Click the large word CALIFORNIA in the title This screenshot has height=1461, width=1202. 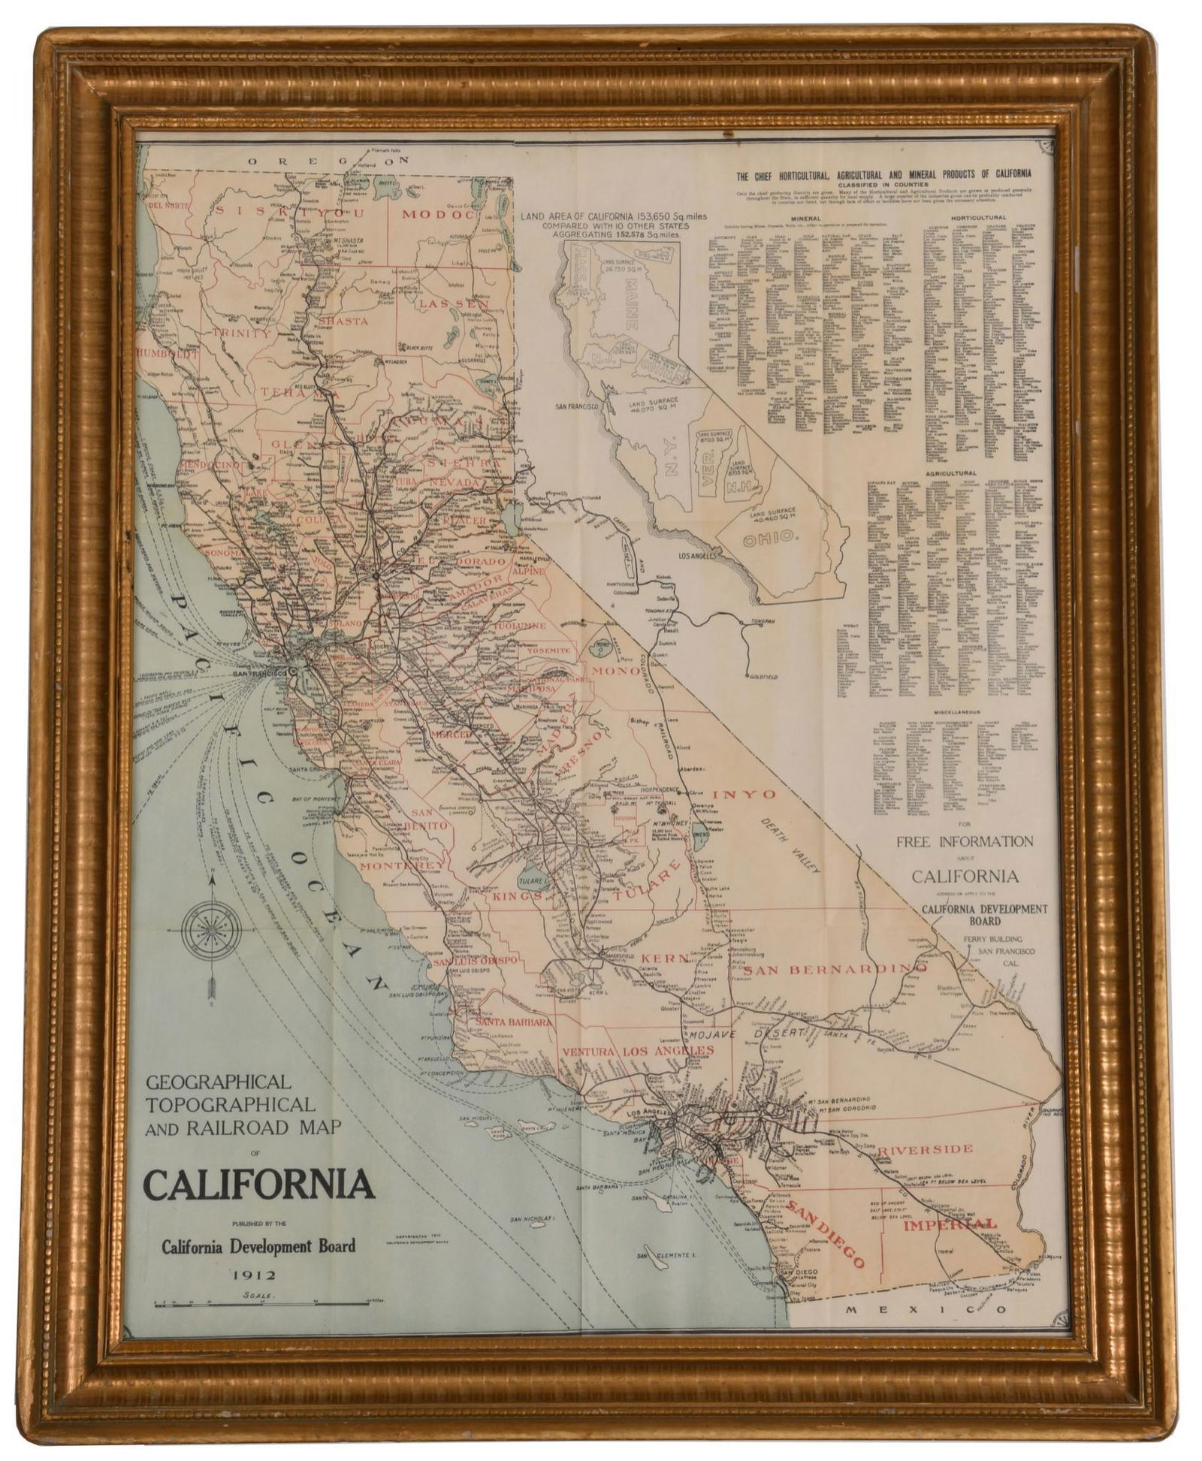(258, 1185)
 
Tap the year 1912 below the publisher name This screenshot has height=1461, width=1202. (255, 1275)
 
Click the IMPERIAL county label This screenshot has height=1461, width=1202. (950, 1225)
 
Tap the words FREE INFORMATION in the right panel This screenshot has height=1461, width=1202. (964, 841)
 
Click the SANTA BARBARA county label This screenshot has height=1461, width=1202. (513, 1022)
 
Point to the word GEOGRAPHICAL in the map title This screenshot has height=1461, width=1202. (218, 1082)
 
